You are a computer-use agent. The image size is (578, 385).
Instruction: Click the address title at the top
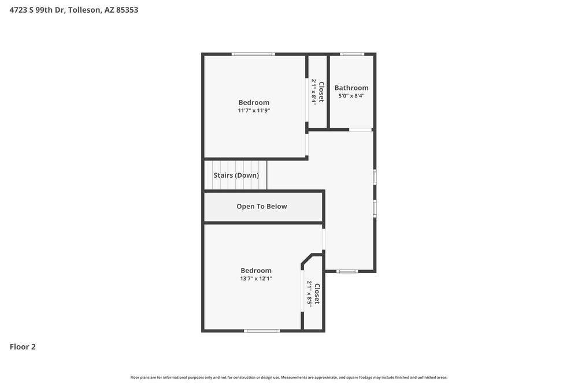tap(74, 10)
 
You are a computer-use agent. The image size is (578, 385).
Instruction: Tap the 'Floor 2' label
tap(23, 347)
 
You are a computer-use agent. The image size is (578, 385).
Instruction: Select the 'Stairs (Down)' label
tap(236, 175)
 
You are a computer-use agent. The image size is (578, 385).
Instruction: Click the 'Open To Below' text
tap(262, 207)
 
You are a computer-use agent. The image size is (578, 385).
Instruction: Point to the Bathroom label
tap(351, 88)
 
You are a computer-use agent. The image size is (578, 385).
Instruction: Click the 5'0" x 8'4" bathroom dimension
tap(351, 96)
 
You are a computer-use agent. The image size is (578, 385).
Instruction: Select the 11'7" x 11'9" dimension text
tap(254, 111)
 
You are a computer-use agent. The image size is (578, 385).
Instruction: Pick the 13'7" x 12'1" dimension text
tap(256, 279)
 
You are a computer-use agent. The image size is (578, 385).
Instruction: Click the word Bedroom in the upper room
tap(254, 102)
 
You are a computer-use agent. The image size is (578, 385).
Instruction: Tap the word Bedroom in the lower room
tap(256, 270)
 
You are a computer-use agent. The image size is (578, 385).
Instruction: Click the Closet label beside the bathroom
tap(322, 92)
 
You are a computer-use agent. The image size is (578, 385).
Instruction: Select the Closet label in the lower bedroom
tap(317, 294)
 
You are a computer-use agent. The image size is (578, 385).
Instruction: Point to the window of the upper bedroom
tap(253, 54)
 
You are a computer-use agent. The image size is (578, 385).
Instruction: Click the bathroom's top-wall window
tap(352, 54)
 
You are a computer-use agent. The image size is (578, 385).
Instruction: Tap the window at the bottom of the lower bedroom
tap(262, 331)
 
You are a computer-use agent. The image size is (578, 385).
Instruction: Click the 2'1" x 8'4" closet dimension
tap(314, 92)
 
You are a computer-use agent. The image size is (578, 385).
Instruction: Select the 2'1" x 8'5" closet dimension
tap(309, 294)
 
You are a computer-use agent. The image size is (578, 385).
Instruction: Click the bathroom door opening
tap(361, 130)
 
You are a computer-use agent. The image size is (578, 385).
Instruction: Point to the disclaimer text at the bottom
tap(289, 377)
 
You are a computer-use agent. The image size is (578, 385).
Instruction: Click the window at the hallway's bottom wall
tap(347, 271)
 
